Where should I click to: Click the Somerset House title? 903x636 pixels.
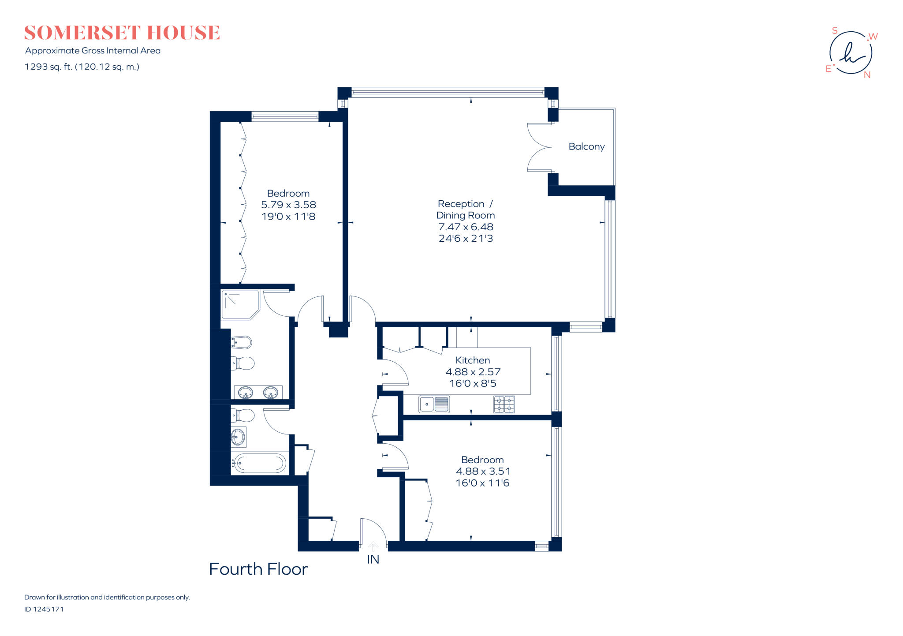point(122,33)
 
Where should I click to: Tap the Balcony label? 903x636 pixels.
point(586,146)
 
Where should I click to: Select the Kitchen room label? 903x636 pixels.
point(472,360)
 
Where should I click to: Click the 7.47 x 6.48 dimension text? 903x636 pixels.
point(465,227)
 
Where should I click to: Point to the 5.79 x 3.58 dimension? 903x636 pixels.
point(288,205)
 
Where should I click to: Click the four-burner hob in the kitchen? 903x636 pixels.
point(504,404)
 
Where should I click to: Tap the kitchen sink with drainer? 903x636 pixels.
point(434,404)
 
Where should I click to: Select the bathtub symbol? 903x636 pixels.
point(259,463)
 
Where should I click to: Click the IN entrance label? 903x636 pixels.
point(373,559)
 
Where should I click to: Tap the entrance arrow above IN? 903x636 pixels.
point(373,546)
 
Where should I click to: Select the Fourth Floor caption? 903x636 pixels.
point(258,569)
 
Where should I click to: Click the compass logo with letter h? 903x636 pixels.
point(851,53)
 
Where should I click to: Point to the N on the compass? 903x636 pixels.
point(867,75)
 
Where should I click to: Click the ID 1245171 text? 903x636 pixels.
point(44,609)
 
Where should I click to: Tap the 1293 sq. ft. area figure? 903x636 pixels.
point(49,67)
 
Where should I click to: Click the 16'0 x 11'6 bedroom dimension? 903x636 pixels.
point(482,483)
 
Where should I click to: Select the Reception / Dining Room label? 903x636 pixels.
point(465,210)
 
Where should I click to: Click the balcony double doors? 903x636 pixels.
point(539,147)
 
